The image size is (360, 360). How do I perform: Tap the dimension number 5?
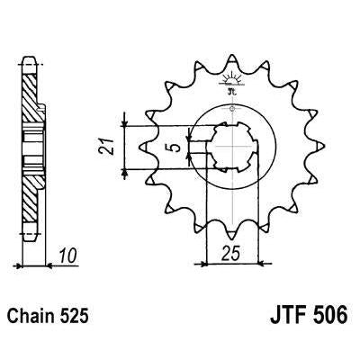(177, 148)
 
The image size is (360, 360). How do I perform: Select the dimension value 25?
(230, 254)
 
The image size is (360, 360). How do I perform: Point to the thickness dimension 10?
(68, 256)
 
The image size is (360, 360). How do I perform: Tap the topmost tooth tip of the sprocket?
(232, 55)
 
